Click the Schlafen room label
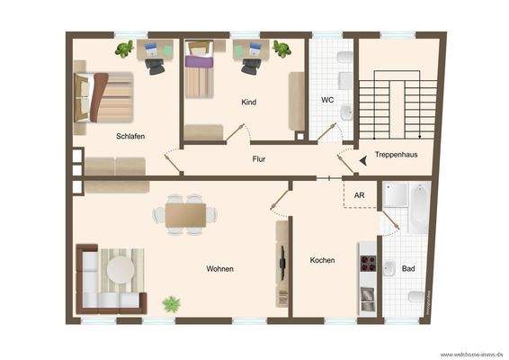[130, 136]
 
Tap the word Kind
[249, 102]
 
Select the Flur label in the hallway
[259, 158]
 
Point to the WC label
[327, 100]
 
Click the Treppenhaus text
[397, 155]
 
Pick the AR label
[359, 194]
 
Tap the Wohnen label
[220, 268]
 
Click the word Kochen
[322, 260]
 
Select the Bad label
[408, 268]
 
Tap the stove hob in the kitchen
[368, 263]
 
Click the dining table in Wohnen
[184, 213]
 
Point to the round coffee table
[120, 269]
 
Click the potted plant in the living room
[171, 304]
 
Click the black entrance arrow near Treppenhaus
[362, 160]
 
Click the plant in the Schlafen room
[125, 49]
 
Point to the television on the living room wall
[281, 264]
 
